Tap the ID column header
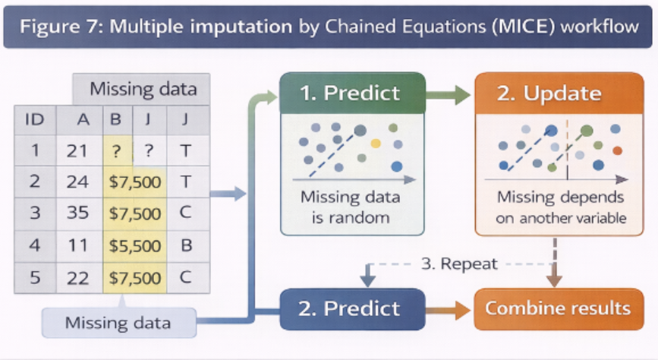pos(35,120)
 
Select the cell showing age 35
pos(77,213)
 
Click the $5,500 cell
pos(134,246)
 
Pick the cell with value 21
pos(77,151)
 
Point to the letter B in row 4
pos(187,245)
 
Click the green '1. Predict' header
pos(352,93)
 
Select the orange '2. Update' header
pos(559,93)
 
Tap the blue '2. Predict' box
pos(352,309)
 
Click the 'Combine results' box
pos(559,309)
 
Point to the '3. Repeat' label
pos(459,264)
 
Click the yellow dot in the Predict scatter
pos(376,144)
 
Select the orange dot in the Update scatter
pos(617,150)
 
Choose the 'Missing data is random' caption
pos(351,207)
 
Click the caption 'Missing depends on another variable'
pos(561,207)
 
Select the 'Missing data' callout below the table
pos(118,323)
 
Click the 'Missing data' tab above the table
pos(143,89)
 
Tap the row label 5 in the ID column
pos(35,278)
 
